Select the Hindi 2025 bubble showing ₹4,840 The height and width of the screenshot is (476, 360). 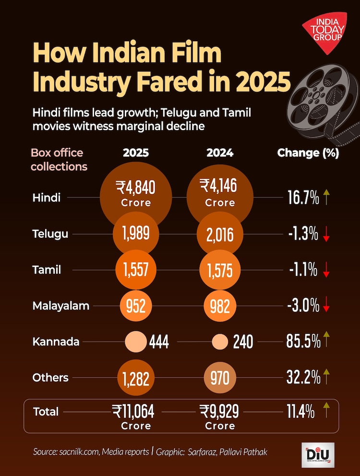click(x=136, y=192)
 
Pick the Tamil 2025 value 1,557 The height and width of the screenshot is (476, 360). click(x=136, y=270)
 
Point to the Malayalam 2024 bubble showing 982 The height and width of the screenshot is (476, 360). click(x=220, y=306)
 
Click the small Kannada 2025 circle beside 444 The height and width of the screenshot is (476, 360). click(x=135, y=342)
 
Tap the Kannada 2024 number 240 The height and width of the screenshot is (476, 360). click(x=243, y=342)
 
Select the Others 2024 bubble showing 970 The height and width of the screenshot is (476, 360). click(x=220, y=378)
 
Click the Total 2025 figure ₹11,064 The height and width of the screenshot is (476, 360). click(x=136, y=411)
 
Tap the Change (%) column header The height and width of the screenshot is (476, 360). click(x=308, y=153)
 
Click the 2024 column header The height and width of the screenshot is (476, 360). click(x=220, y=153)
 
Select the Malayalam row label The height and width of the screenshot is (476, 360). click(x=60, y=306)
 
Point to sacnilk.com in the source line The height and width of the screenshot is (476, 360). click(x=80, y=452)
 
